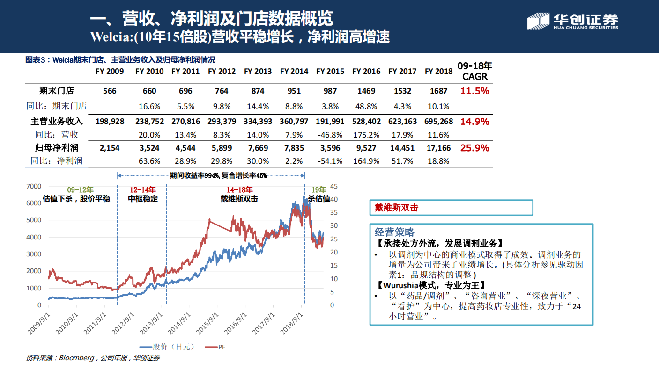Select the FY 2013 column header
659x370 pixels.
coord(258,72)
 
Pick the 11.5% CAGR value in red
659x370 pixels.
coord(474,91)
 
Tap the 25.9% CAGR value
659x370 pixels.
coord(474,148)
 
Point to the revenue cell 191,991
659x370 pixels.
coord(330,122)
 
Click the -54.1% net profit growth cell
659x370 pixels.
coord(330,161)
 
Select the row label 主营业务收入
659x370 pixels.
coord(57,122)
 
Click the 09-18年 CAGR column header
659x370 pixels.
coord(474,71)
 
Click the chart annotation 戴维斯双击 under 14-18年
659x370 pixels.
coord(239,198)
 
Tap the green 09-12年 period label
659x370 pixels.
coord(80,190)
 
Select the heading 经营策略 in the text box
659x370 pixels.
coord(394,232)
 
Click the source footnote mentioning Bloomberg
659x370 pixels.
coord(93,358)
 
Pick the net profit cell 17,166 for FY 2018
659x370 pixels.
coord(438,148)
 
